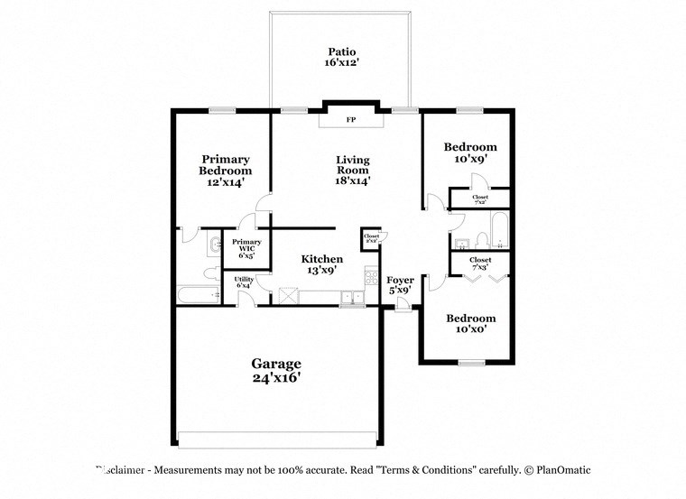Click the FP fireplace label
[x=352, y=118]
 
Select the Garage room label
[x=276, y=364]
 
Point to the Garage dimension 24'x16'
[x=276, y=378]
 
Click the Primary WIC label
[x=246, y=248]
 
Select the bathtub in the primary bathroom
[x=197, y=295]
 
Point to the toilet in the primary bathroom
[x=210, y=273]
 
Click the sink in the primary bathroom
[x=213, y=243]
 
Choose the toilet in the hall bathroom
[x=482, y=239]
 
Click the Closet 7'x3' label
[x=479, y=263]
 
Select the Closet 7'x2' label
[x=479, y=199]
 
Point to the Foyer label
[x=400, y=280]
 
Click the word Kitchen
[x=321, y=259]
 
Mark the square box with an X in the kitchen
[x=289, y=295]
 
